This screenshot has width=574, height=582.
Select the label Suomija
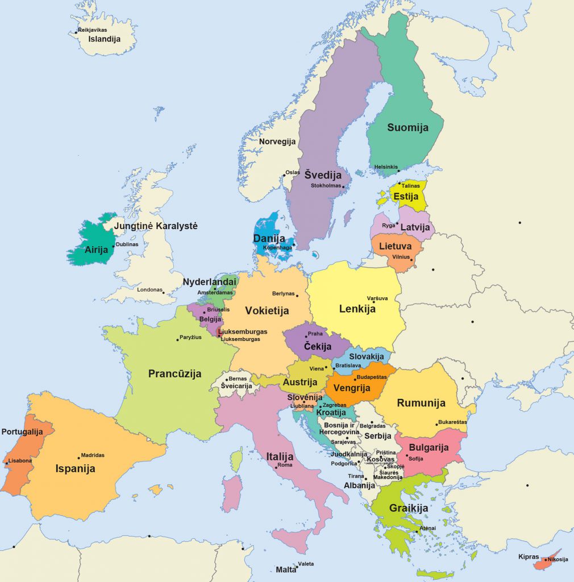(407, 128)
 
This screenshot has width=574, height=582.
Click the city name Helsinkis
(386, 167)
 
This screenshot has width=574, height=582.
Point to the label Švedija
(323, 175)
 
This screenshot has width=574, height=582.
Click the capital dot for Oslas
(284, 175)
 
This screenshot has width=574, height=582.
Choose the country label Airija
(96, 250)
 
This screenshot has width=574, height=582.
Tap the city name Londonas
(149, 290)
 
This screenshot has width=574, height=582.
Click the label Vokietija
(267, 311)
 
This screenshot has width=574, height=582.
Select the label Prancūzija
(175, 373)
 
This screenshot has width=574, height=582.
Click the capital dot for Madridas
(79, 458)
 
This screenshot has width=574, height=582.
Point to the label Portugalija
(22, 432)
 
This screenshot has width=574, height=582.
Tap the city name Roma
(285, 465)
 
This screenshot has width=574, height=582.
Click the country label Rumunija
(421, 403)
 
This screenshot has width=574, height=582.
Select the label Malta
(286, 569)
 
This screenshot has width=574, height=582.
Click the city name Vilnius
(401, 257)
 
